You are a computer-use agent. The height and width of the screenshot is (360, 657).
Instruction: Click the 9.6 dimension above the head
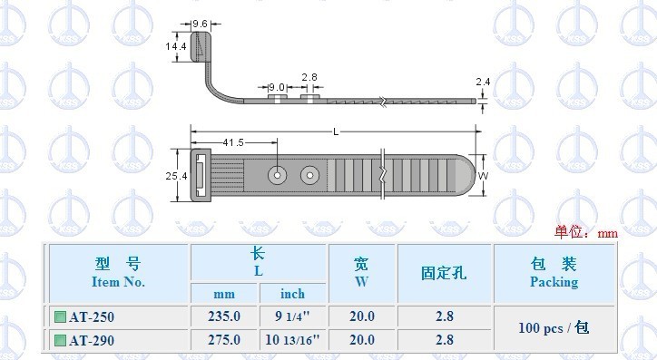[x=200, y=24]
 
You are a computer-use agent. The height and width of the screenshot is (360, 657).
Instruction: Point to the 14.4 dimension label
[x=176, y=46]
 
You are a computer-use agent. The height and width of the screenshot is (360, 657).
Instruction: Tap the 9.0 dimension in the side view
[x=276, y=87]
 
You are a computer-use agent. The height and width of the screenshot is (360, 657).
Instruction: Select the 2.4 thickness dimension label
[x=483, y=82]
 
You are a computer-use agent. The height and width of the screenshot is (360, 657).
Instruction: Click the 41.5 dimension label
[x=233, y=142]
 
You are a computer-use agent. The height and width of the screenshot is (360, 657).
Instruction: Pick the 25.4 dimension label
[x=176, y=176]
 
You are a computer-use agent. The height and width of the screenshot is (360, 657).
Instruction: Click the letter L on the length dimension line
[x=336, y=132]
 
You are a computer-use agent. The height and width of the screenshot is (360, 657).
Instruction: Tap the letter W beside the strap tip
[x=483, y=176]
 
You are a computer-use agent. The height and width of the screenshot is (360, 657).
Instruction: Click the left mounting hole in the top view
[x=278, y=175]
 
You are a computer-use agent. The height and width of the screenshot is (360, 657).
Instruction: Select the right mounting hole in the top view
[x=309, y=175]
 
